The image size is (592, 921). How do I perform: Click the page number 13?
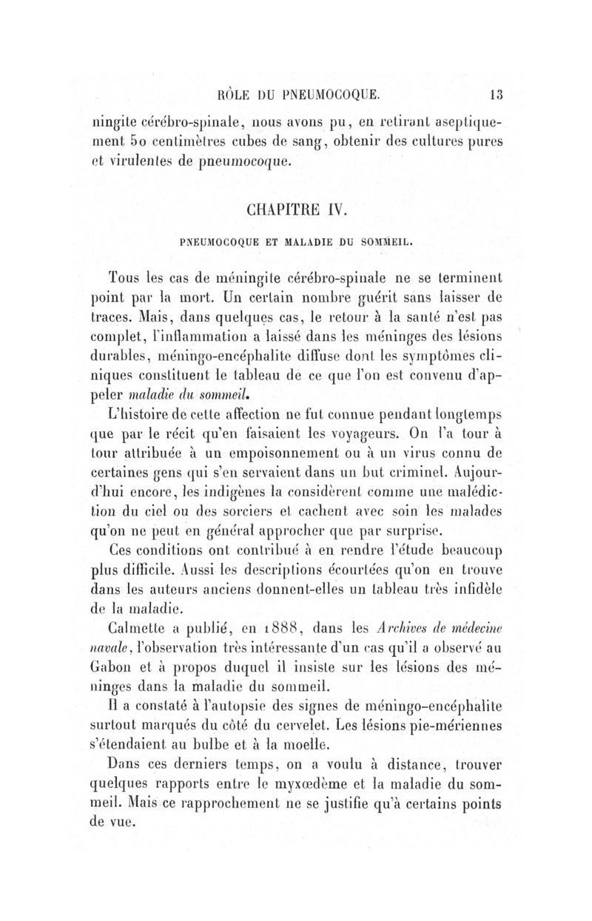pyautogui.click(x=495, y=94)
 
